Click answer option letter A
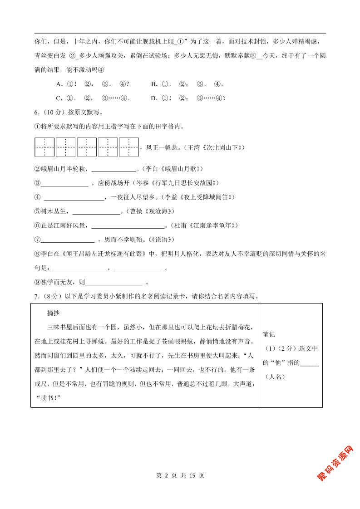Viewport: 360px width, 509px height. pyautogui.click(x=59, y=84)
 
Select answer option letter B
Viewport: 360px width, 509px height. pyautogui.click(x=154, y=84)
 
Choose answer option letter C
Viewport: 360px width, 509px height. pyautogui.click(x=59, y=98)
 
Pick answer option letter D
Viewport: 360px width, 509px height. pyautogui.click(x=154, y=98)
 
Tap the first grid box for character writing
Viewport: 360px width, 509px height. pyautogui.click(x=44, y=147)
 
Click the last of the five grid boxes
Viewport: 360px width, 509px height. pyautogui.click(x=129, y=147)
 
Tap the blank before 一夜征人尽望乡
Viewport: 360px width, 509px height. pyautogui.click(x=74, y=197)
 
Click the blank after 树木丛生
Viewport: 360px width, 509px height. pyautogui.click(x=96, y=211)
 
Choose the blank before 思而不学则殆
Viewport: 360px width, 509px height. pyautogui.click(x=67, y=240)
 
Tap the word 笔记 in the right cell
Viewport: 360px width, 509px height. pyautogui.click(x=269, y=334)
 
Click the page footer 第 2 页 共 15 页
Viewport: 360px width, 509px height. pyautogui.click(x=180, y=475)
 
